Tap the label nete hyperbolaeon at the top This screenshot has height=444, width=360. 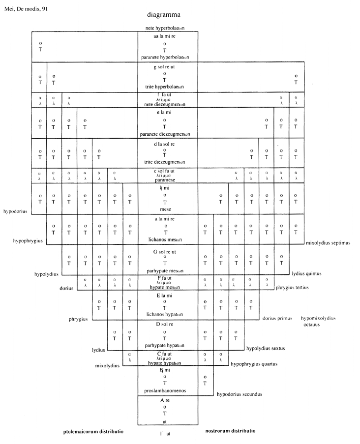pyautogui.click(x=168, y=29)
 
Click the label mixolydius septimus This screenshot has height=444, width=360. pyautogui.click(x=328, y=242)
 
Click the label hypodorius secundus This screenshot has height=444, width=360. pyautogui.click(x=240, y=394)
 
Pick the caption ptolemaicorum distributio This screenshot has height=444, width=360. pyautogui.click(x=93, y=431)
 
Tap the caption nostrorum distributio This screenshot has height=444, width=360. pyautogui.click(x=230, y=431)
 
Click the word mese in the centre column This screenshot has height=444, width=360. pyautogui.click(x=168, y=208)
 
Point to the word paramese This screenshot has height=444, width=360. pyautogui.click(x=168, y=179)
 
